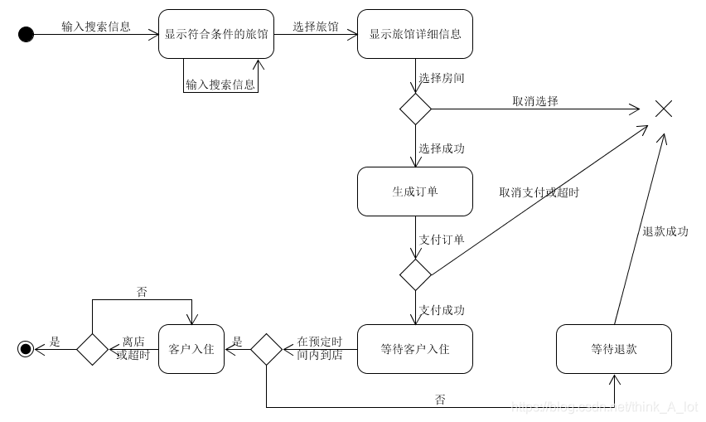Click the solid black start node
26,34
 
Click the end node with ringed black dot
26,349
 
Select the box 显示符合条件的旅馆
215,34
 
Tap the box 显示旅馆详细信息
414,34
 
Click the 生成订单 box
414,192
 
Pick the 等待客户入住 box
414,349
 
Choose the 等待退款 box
614,349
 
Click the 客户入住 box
191,349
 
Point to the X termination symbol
663,109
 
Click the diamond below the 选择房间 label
415,109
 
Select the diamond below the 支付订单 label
415,274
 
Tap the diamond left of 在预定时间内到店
266,349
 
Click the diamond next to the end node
92,349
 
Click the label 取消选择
534,101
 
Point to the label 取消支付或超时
539,192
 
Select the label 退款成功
665,232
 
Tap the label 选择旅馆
316,27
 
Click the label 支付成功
441,310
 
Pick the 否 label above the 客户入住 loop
142,292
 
